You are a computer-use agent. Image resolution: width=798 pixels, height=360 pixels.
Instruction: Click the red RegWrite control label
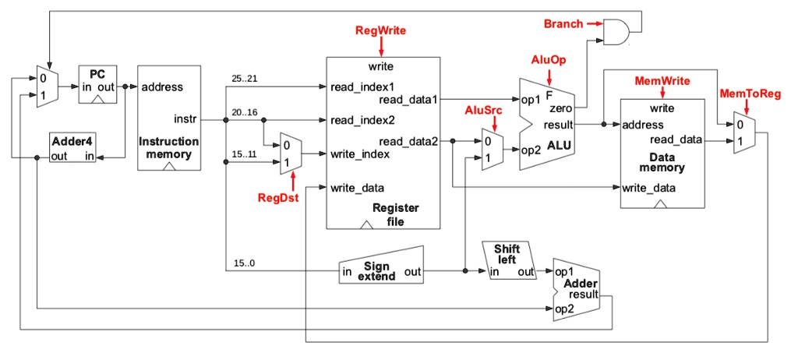380,30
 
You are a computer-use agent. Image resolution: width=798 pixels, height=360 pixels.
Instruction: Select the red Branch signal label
563,24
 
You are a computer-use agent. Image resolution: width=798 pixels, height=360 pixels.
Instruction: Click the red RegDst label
278,197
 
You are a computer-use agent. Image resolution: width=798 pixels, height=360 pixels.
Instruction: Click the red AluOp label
549,59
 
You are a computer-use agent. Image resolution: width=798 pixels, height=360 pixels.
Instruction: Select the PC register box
97,86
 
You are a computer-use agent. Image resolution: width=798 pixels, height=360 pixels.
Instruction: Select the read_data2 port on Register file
408,141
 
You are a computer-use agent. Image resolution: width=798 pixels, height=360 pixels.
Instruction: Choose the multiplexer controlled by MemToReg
743,132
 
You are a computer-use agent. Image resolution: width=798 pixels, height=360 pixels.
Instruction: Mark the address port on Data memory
643,125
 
